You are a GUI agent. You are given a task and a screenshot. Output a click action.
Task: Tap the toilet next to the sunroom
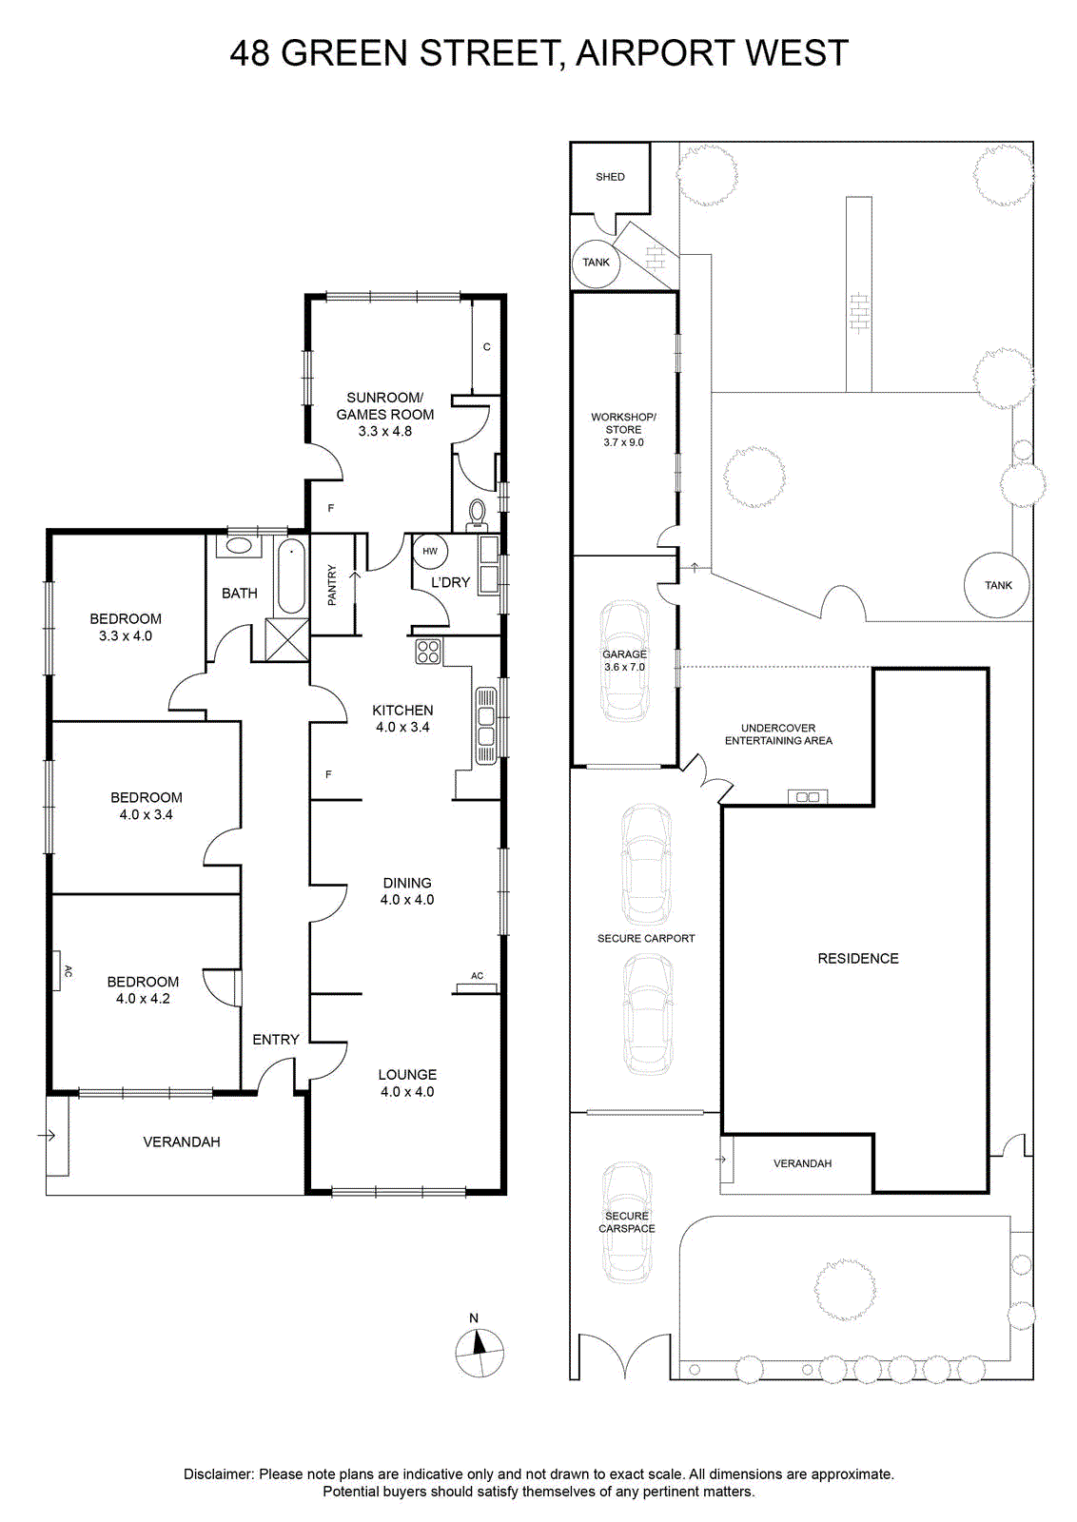[x=478, y=515]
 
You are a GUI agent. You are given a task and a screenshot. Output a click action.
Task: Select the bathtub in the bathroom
[x=291, y=576]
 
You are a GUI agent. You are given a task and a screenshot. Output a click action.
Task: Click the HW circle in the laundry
[x=430, y=551]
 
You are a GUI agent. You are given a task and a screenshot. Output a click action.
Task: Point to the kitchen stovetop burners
[x=428, y=652]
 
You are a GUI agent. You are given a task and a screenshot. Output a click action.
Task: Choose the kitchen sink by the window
[x=486, y=727]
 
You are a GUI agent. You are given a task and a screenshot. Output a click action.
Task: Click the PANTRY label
[x=332, y=585]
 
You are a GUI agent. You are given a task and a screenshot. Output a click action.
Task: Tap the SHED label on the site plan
[x=610, y=177]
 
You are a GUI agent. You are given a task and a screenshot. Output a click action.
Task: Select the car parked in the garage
[x=624, y=661]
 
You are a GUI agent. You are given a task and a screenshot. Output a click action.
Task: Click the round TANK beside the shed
[x=596, y=263]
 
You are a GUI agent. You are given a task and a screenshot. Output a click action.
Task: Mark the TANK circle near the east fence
[x=997, y=584]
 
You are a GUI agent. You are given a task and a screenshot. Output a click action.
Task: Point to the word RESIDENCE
[x=858, y=959]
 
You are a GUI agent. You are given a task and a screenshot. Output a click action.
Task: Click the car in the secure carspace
[x=627, y=1223]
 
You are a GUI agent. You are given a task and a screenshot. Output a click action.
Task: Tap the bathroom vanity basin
[x=239, y=546]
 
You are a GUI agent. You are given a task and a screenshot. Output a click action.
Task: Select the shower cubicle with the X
[x=286, y=638]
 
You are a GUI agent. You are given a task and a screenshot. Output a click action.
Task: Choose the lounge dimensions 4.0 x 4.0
[x=407, y=1092]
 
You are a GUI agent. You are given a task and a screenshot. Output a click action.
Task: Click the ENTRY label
[x=276, y=1040]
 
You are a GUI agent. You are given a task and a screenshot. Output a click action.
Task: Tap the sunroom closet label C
[x=486, y=346]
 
